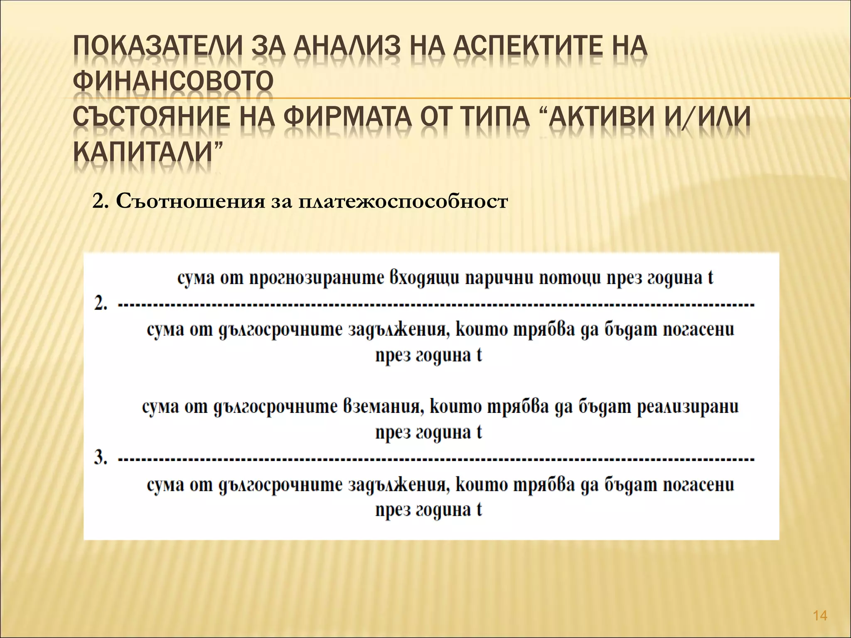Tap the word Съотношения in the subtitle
point(190,201)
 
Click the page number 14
point(820,616)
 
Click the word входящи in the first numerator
point(424,278)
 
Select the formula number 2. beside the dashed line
point(100,304)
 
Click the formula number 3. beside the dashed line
point(100,459)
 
